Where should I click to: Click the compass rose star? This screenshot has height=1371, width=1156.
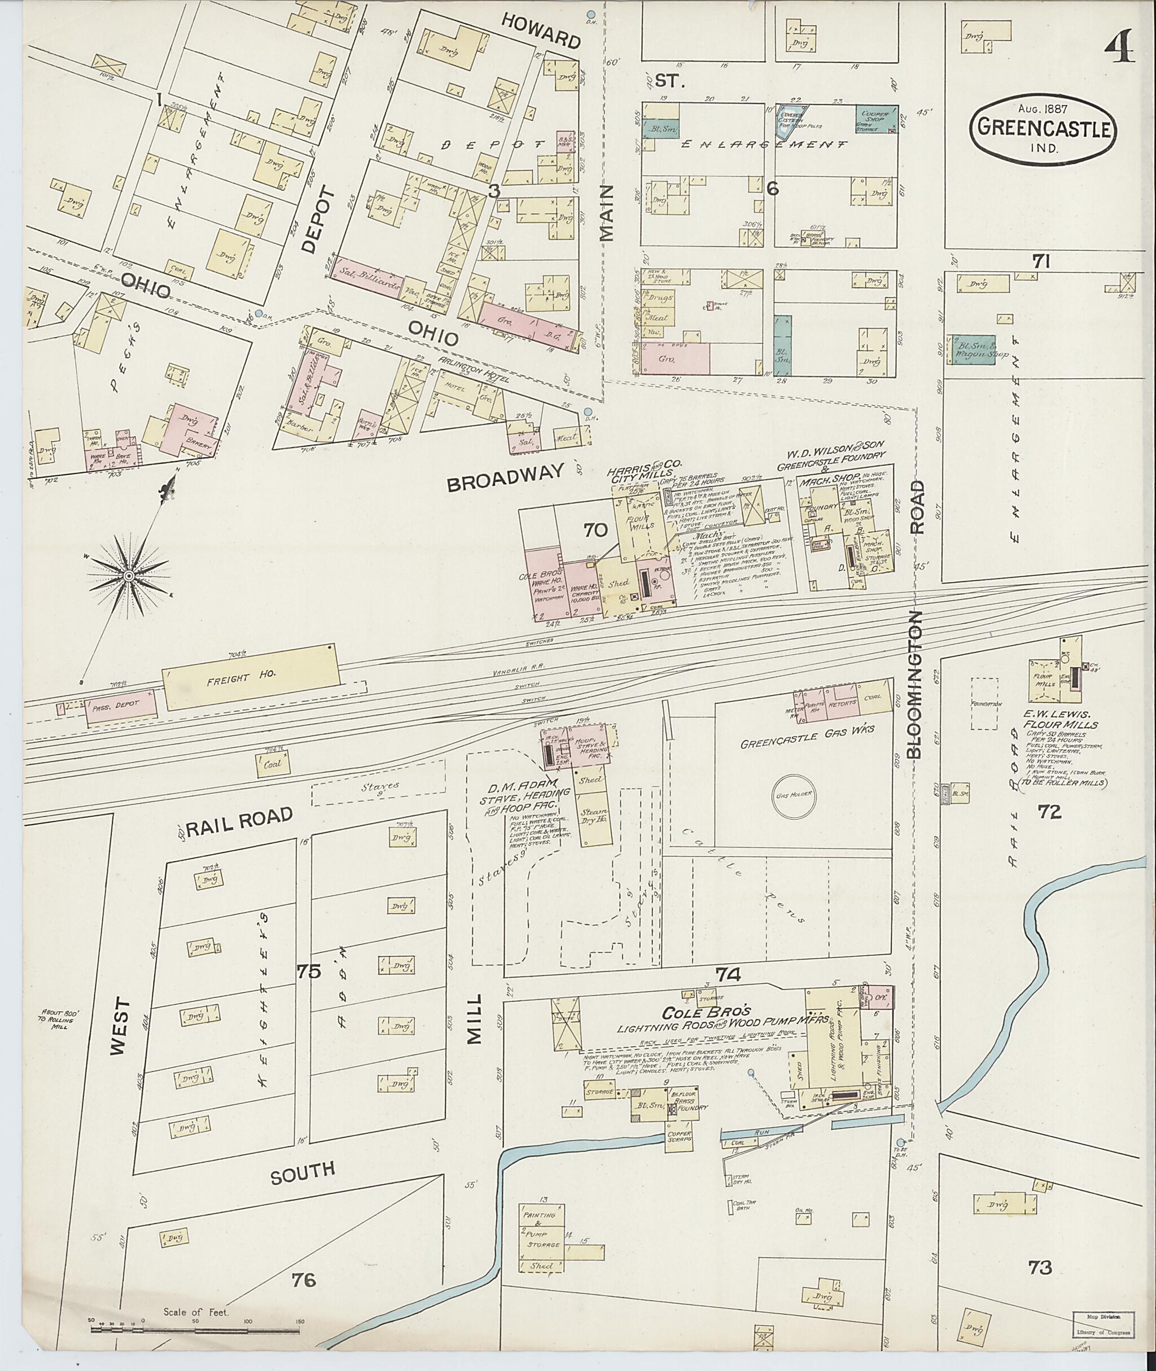129,575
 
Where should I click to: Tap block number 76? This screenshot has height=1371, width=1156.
305,1278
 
